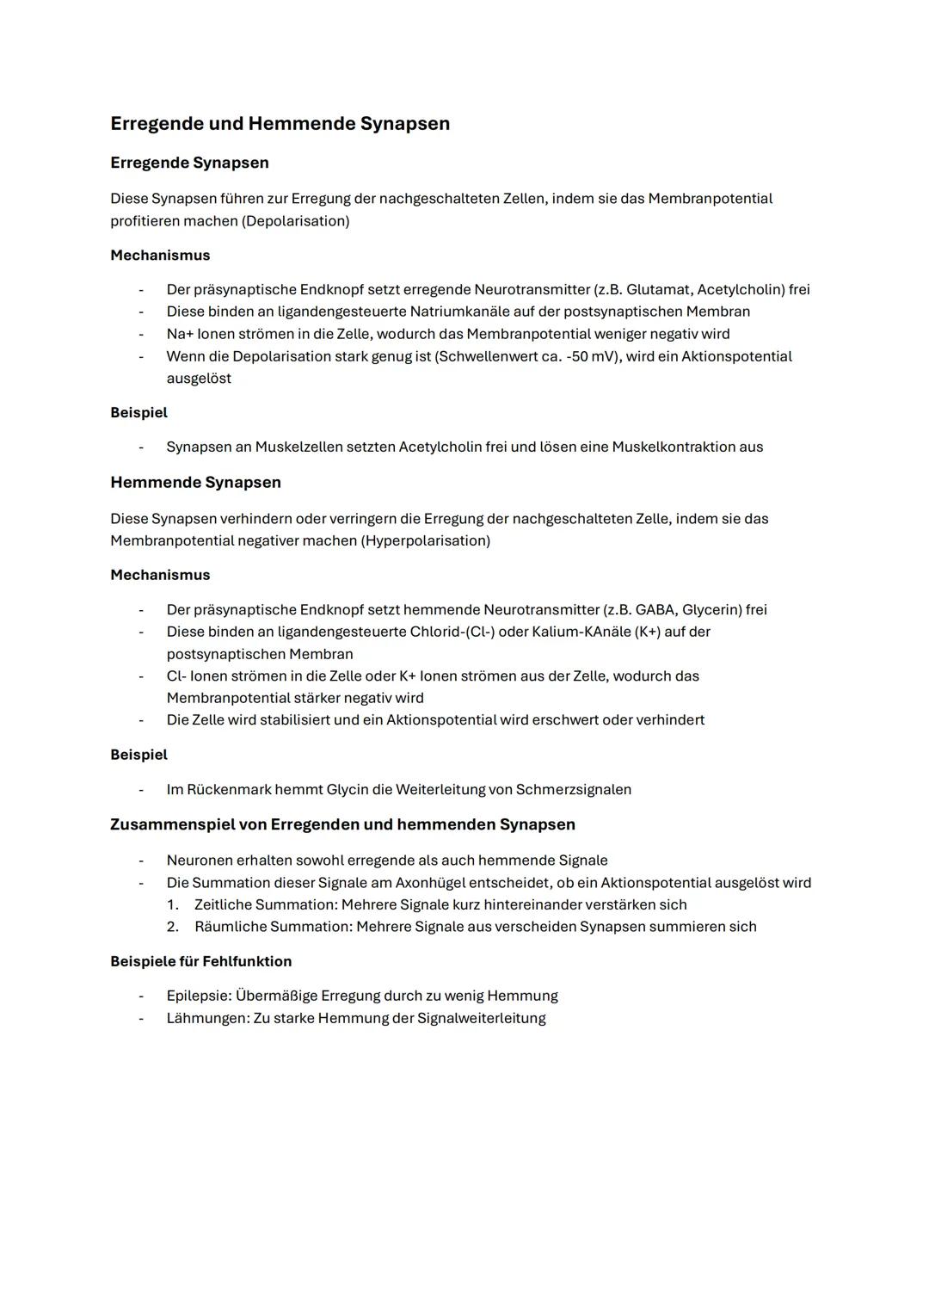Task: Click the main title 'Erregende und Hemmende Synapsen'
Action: coord(280,124)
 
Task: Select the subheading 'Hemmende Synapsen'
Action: coord(195,483)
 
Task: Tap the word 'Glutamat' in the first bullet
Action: coord(658,290)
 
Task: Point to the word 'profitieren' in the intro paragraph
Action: coord(145,221)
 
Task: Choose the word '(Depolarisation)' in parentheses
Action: coord(296,221)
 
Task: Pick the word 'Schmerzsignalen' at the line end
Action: coord(574,790)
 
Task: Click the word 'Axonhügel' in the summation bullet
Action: coord(430,883)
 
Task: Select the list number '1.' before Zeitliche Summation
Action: coord(172,905)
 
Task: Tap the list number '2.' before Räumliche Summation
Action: coord(172,927)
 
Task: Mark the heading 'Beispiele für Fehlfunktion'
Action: coord(200,961)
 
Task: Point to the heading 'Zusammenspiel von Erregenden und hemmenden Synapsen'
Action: coord(342,824)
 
